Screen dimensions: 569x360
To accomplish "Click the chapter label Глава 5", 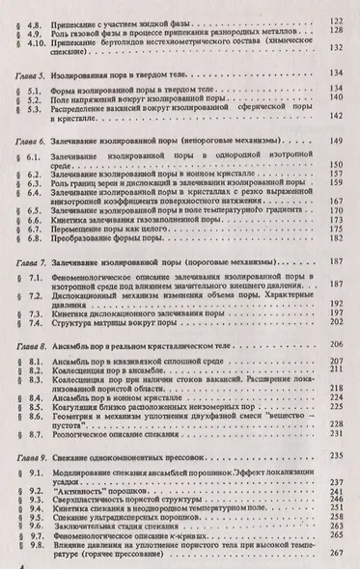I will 25,73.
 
